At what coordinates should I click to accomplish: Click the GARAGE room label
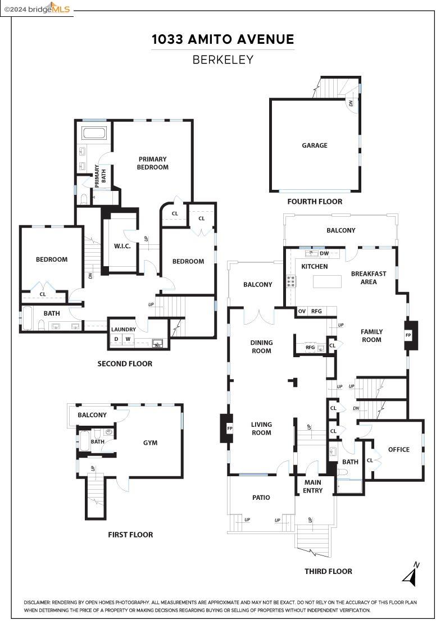point(314,145)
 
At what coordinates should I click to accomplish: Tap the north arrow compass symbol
point(411,575)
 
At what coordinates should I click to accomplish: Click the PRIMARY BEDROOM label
point(153,163)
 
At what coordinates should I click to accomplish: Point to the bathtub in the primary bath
point(94,134)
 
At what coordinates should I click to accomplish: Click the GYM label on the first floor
point(150,443)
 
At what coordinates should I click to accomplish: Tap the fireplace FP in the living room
point(229,429)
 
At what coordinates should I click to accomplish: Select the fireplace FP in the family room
point(408,334)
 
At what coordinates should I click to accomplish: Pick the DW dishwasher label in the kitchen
point(324,253)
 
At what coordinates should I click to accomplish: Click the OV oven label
point(302,311)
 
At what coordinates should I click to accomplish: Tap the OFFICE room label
point(399,449)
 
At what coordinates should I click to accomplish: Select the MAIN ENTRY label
point(313,486)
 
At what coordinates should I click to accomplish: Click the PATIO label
point(261,498)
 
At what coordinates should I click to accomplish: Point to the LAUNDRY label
point(124,330)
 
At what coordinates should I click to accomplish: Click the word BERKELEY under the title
point(222,60)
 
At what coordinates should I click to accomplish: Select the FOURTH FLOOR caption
point(314,202)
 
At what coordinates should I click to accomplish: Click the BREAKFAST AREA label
point(369,277)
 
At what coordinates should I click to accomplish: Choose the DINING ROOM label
point(261,347)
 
